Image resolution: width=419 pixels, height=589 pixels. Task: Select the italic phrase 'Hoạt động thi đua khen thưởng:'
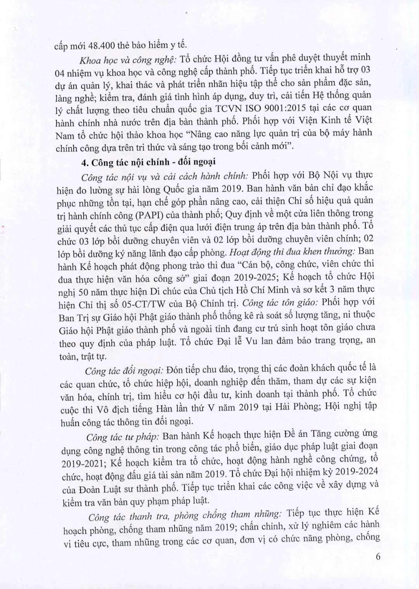(292, 252)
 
